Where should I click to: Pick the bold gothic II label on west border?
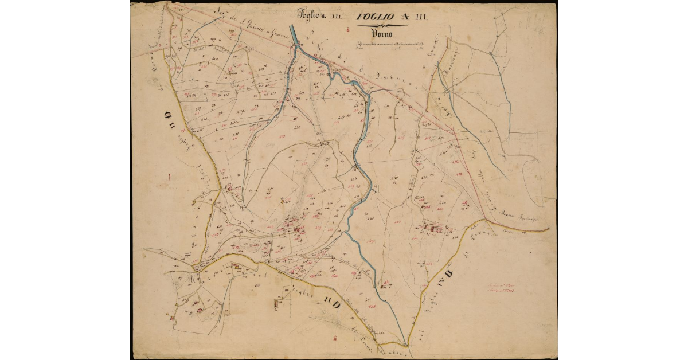[x=170, y=119]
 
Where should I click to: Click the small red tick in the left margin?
[x=170, y=179]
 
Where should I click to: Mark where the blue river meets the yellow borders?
[x=405, y=344]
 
